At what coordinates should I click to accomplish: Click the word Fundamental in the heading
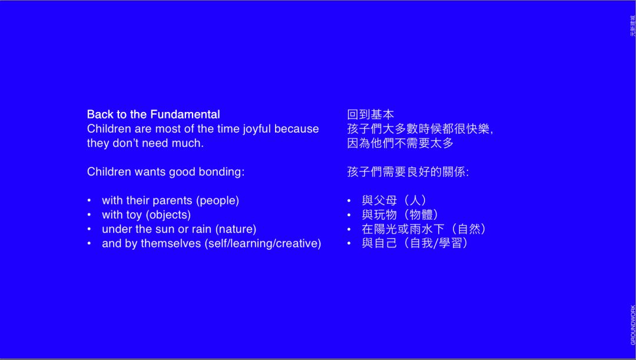185,114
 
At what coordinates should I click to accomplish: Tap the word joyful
257,130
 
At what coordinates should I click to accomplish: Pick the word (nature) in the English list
236,229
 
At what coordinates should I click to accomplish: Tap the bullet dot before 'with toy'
90,215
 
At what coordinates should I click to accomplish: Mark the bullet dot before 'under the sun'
90,229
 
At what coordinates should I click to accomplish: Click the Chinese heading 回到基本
371,114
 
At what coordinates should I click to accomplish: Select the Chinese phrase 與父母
379,200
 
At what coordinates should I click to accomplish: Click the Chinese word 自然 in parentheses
469,229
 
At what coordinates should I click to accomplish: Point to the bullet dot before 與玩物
349,215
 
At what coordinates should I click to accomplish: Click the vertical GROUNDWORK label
632,325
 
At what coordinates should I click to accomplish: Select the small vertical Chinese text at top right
632,26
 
